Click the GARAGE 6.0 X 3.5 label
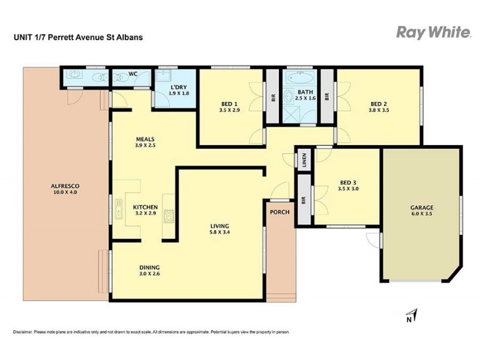tap(422, 211)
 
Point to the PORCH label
tap(280, 212)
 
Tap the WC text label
tap(133, 74)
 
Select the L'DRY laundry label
tap(175, 89)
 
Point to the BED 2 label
tap(379, 103)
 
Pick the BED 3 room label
tap(349, 183)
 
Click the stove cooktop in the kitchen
tap(169, 214)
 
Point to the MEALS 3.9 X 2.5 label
tap(145, 142)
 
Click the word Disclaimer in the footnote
tap(22, 332)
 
